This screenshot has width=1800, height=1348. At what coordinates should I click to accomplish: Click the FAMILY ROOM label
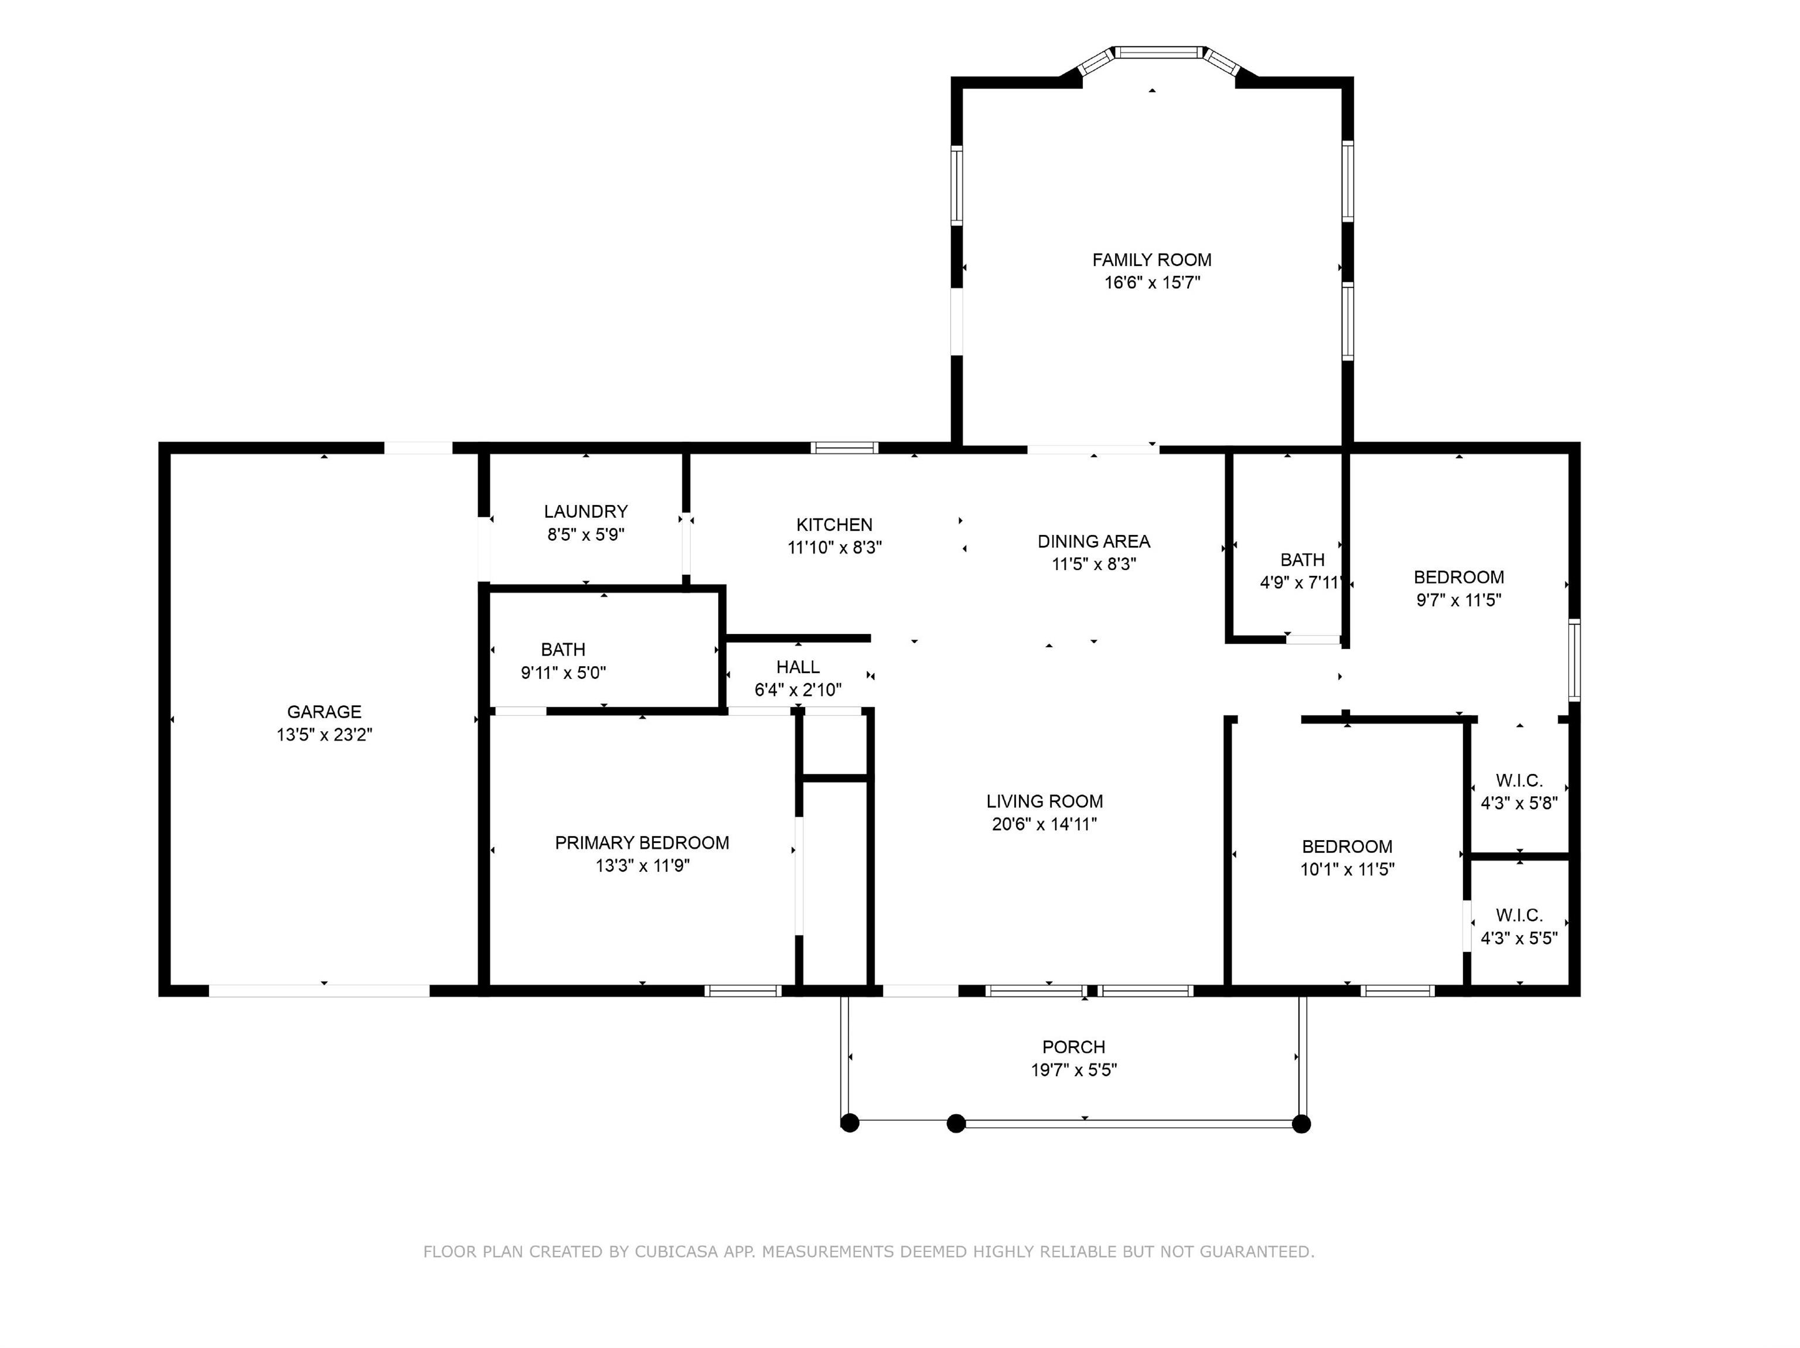pyautogui.click(x=1151, y=260)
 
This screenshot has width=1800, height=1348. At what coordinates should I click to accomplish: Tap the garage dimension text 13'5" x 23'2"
pyautogui.click(x=324, y=735)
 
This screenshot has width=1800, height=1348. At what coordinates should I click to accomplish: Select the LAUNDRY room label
pyautogui.click(x=586, y=511)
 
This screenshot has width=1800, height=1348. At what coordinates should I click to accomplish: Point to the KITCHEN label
pyautogui.click(x=834, y=525)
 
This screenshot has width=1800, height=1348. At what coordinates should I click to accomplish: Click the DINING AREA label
pyautogui.click(x=1094, y=541)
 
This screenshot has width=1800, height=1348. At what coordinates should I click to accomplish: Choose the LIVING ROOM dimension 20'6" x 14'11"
pyautogui.click(x=1044, y=824)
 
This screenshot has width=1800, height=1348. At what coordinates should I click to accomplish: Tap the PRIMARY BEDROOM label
pyautogui.click(x=642, y=843)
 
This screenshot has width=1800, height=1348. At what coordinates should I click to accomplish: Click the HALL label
pyautogui.click(x=797, y=667)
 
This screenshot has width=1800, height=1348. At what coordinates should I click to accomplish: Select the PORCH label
pyautogui.click(x=1073, y=1047)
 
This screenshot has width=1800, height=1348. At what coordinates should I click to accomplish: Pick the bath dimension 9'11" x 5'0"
pyautogui.click(x=563, y=673)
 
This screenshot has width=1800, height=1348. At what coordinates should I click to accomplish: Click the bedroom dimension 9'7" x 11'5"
pyautogui.click(x=1458, y=600)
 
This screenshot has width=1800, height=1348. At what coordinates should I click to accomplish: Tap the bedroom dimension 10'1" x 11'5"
pyautogui.click(x=1346, y=869)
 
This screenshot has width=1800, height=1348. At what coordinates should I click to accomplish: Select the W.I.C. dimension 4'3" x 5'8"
pyautogui.click(x=1518, y=803)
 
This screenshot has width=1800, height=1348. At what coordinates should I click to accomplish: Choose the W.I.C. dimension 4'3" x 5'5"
pyautogui.click(x=1518, y=938)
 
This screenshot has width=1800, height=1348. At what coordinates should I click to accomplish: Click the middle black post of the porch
pyautogui.click(x=956, y=1124)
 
